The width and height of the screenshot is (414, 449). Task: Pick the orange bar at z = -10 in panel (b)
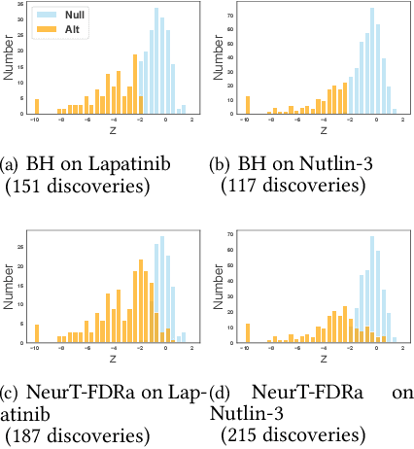point(247,105)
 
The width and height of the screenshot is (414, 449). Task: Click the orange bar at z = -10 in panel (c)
point(37,332)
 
